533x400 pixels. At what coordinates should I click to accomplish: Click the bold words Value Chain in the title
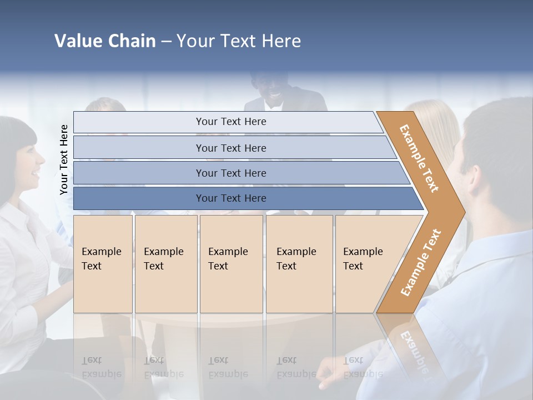(105, 41)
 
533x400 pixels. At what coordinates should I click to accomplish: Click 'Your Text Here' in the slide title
(239, 41)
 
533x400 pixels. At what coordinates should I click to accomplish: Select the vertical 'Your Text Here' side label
(64, 159)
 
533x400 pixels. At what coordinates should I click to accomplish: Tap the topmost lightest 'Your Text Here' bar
(230, 122)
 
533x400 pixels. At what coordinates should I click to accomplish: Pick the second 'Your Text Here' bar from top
(230, 148)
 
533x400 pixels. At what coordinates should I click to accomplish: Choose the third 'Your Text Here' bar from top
(230, 173)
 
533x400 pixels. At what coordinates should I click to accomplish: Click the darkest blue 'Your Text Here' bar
(230, 198)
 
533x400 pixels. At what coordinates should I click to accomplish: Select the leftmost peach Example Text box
(103, 264)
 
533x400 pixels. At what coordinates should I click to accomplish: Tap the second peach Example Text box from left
(166, 264)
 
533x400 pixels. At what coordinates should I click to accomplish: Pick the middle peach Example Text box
(231, 264)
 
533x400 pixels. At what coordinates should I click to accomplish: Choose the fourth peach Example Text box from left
(299, 264)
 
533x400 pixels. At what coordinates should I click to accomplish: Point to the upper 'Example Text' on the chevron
(419, 158)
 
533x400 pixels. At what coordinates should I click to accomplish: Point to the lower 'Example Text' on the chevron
(421, 263)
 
